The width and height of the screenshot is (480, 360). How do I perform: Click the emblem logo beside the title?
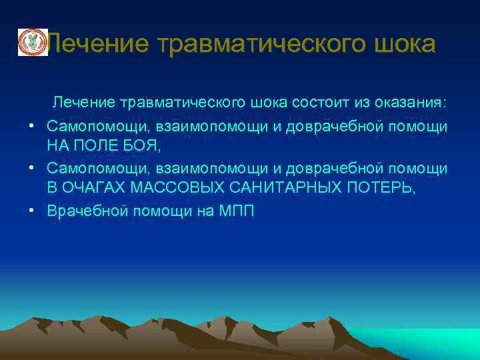(30, 43)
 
